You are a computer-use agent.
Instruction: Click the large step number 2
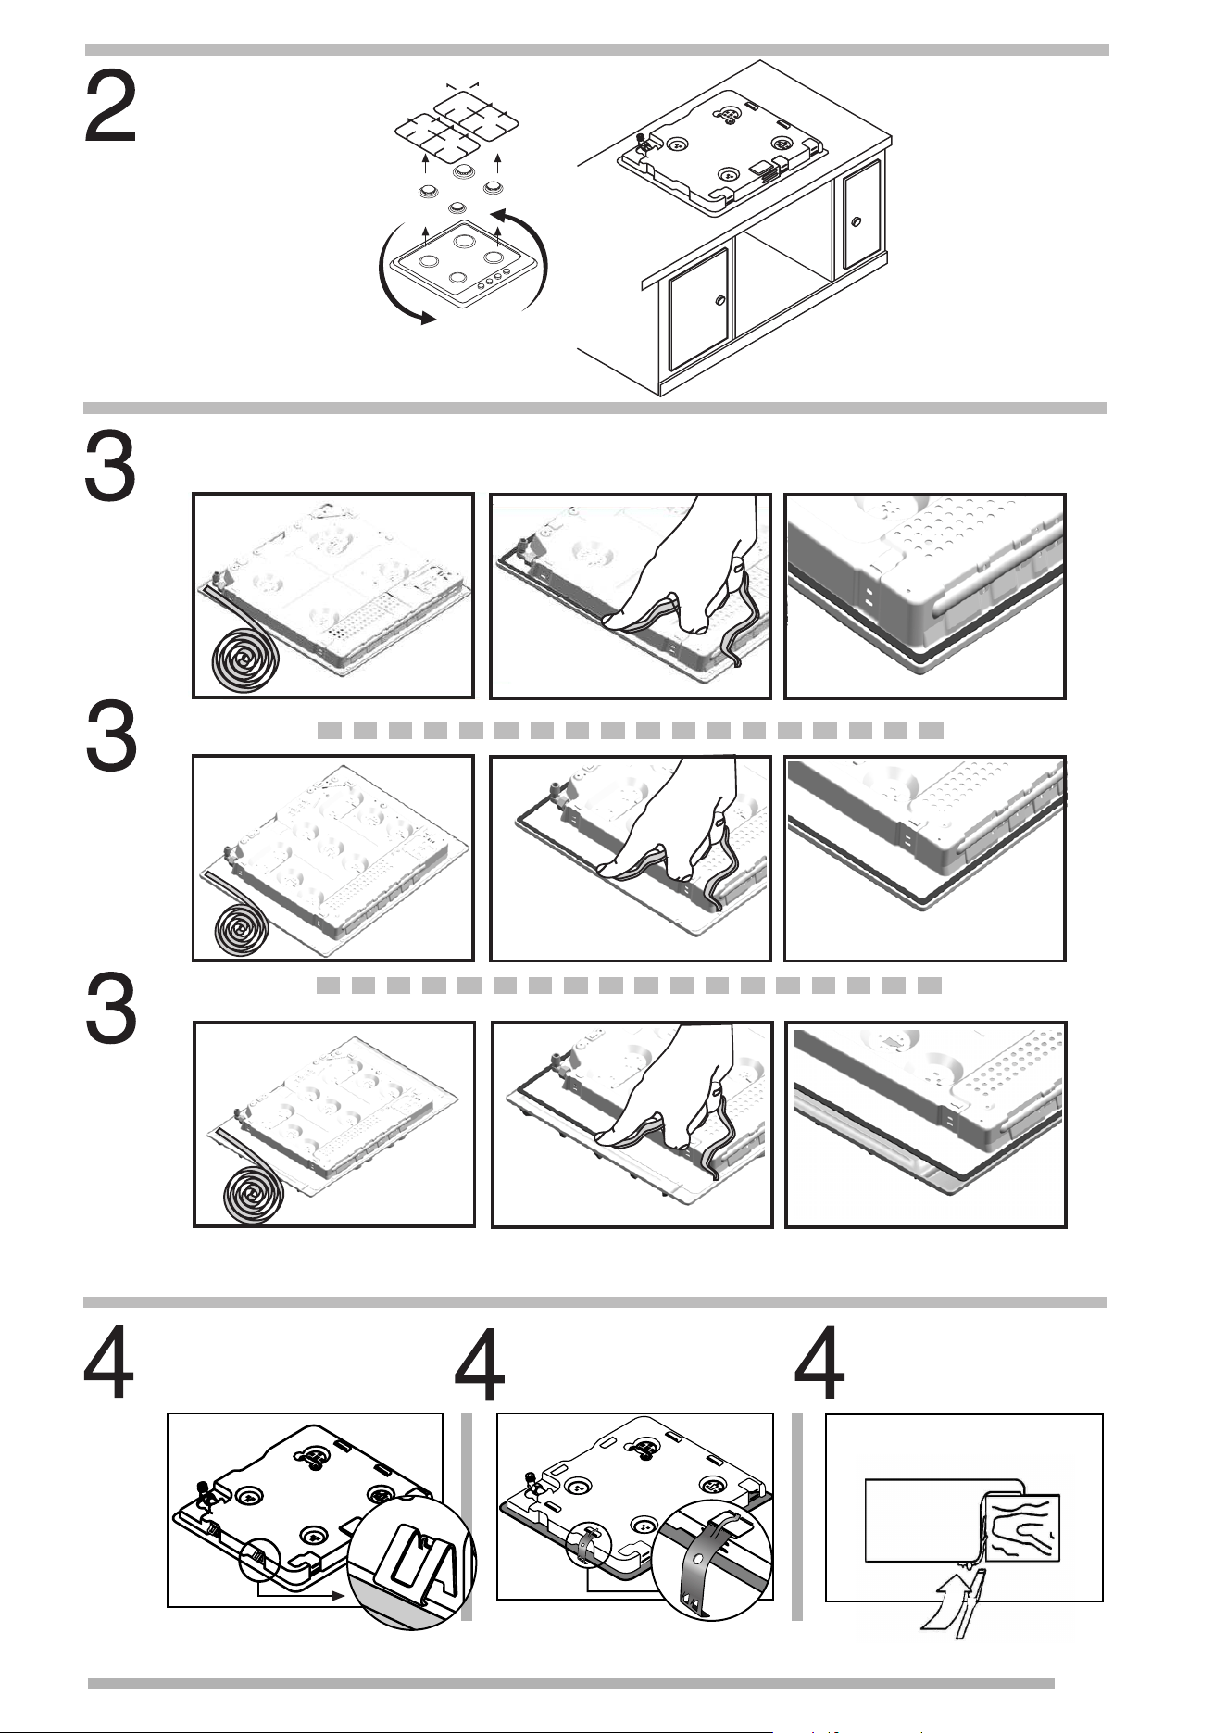(x=110, y=109)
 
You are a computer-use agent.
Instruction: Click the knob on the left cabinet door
(x=719, y=301)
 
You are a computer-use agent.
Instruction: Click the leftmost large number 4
(x=109, y=1363)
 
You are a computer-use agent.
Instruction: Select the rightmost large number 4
(x=819, y=1363)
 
